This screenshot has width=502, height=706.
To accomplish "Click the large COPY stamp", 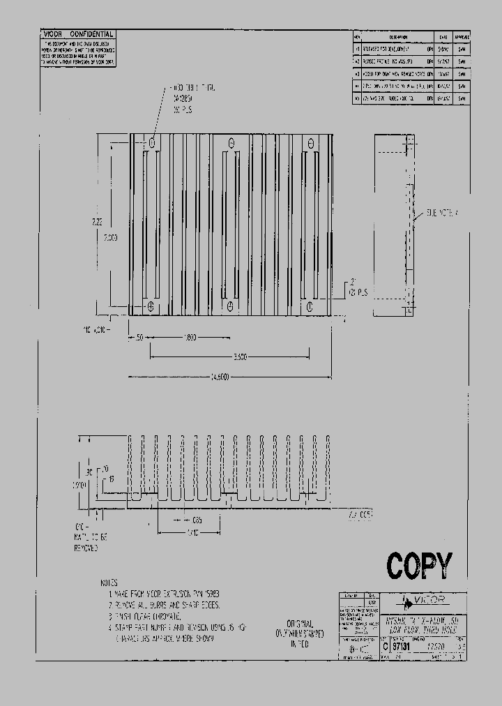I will [x=419, y=566].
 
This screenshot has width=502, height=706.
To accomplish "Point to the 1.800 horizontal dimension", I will [x=190, y=338].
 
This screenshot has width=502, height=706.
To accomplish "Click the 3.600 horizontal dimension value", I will [x=241, y=357].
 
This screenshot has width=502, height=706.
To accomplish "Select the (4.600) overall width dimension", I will [x=220, y=377].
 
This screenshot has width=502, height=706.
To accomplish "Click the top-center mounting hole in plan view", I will [x=231, y=143].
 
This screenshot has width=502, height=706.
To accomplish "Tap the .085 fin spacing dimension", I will [x=197, y=520].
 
